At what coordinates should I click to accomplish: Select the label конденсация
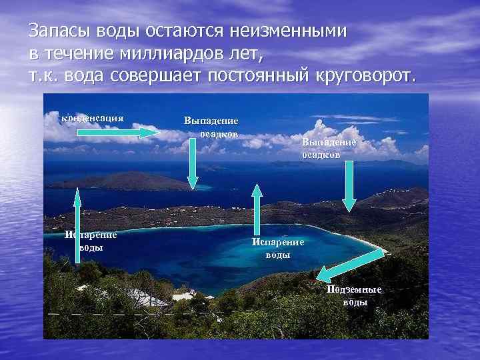[93, 118]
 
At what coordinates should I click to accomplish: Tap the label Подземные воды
[354, 295]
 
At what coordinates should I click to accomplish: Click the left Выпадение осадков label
[211, 127]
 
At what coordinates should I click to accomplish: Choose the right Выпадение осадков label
[329, 148]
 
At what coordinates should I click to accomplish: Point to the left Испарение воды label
[91, 240]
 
